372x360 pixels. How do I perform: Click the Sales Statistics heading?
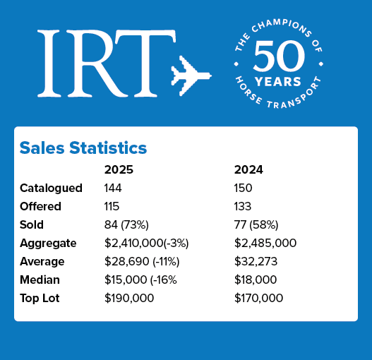pyautogui.click(x=83, y=148)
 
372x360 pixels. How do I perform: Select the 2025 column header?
pyautogui.click(x=119, y=169)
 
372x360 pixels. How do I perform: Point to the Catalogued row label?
pyautogui.click(x=51, y=188)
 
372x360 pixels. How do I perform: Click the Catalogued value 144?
pyautogui.click(x=114, y=188)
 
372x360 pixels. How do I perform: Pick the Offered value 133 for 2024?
pyautogui.click(x=244, y=206)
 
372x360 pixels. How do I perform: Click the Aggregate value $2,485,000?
pyautogui.click(x=265, y=243)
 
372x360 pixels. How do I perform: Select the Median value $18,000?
pyautogui.click(x=258, y=280)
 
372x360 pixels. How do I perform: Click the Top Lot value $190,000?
pyautogui.click(x=129, y=298)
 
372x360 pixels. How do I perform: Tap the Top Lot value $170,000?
pyautogui.click(x=258, y=298)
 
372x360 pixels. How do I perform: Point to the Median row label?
pyautogui.click(x=42, y=280)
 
